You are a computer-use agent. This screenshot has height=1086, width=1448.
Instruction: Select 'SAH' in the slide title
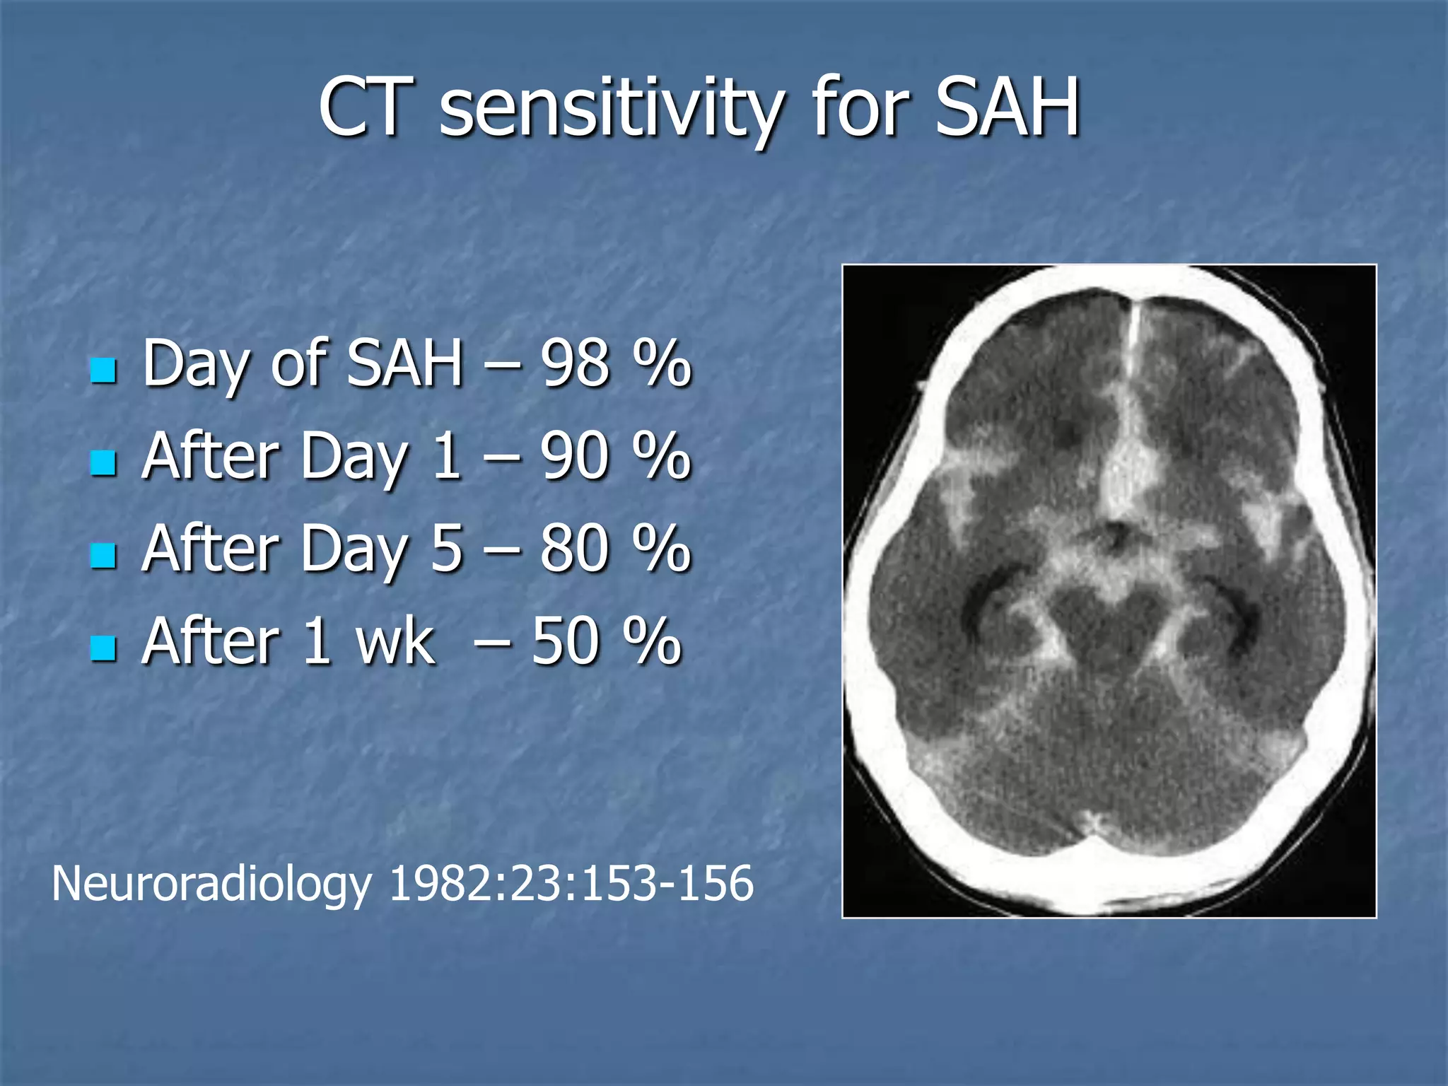pyautogui.click(x=1007, y=108)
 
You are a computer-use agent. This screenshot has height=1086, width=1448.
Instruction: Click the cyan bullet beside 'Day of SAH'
pyautogui.click(x=103, y=370)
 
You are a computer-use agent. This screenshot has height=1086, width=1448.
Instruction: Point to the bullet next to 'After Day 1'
pyautogui.click(x=103, y=463)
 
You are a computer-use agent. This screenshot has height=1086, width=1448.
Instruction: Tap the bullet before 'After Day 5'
pyautogui.click(x=103, y=556)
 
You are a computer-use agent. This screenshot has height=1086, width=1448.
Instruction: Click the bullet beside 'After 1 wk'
pyautogui.click(x=103, y=648)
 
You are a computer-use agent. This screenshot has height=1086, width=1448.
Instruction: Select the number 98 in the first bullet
pyautogui.click(x=575, y=363)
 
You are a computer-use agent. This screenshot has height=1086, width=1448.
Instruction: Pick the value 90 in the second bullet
pyautogui.click(x=575, y=456)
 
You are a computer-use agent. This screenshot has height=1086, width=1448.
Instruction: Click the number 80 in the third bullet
pyautogui.click(x=575, y=549)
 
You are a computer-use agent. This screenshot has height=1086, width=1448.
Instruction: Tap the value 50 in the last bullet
pyautogui.click(x=566, y=642)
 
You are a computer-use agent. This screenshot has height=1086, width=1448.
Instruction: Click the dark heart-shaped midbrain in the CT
pyautogui.click(x=1109, y=622)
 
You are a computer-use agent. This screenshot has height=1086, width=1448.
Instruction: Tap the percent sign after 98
pyautogui.click(x=661, y=363)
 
